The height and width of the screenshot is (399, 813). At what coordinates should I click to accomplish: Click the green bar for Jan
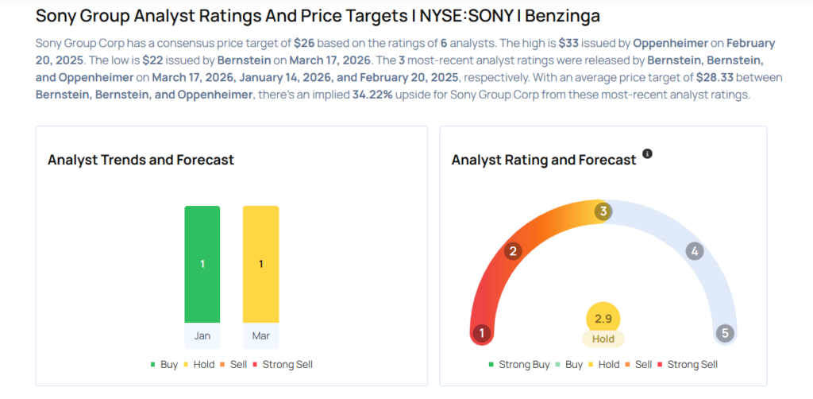[202, 264]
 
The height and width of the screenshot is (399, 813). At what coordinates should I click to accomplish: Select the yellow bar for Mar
[260, 264]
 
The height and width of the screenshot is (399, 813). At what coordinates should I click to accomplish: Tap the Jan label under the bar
[202, 335]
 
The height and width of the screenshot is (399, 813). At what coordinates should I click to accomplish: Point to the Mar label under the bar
[260, 335]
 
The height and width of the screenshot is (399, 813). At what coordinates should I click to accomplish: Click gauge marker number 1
[480, 333]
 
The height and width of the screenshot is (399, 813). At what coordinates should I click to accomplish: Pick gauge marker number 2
[514, 252]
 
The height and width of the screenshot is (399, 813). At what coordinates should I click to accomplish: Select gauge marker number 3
[603, 211]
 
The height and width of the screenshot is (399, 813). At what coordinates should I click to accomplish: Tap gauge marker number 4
[694, 252]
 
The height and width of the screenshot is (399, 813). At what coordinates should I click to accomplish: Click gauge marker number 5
[724, 333]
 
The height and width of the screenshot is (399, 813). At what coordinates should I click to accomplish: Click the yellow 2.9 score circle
[603, 318]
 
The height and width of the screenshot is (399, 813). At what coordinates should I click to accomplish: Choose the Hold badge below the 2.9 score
[603, 339]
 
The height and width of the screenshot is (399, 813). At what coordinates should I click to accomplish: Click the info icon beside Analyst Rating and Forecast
[647, 153]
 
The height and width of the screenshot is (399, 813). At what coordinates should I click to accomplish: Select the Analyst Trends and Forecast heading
[141, 160]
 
